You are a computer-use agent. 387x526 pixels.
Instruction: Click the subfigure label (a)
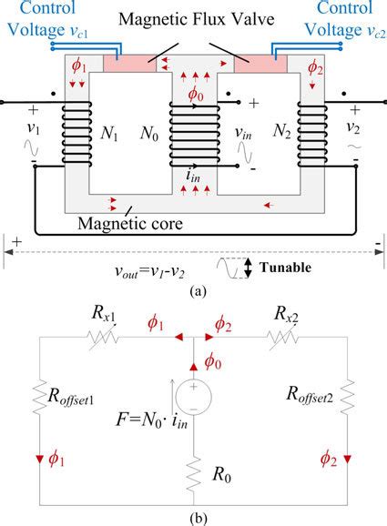click(x=193, y=293)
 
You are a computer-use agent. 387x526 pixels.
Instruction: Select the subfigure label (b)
click(x=193, y=516)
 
